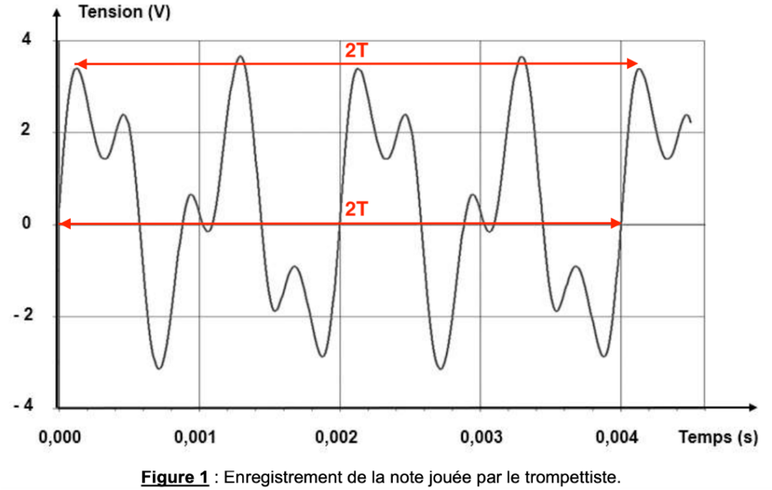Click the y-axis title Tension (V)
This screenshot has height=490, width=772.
(124, 13)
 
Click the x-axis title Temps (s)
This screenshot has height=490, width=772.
(718, 437)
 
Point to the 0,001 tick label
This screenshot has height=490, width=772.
(198, 437)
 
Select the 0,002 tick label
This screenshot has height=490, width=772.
(339, 437)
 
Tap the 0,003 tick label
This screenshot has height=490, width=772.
(480, 437)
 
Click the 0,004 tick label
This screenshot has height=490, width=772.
(621, 437)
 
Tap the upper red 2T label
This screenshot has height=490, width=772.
(357, 51)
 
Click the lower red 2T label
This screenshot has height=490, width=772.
(356, 209)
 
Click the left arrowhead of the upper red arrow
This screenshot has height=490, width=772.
(78, 64)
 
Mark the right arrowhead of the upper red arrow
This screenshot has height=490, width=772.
(634, 64)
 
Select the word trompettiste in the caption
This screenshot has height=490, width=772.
(581, 477)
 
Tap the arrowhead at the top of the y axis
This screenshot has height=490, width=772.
(57, 11)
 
